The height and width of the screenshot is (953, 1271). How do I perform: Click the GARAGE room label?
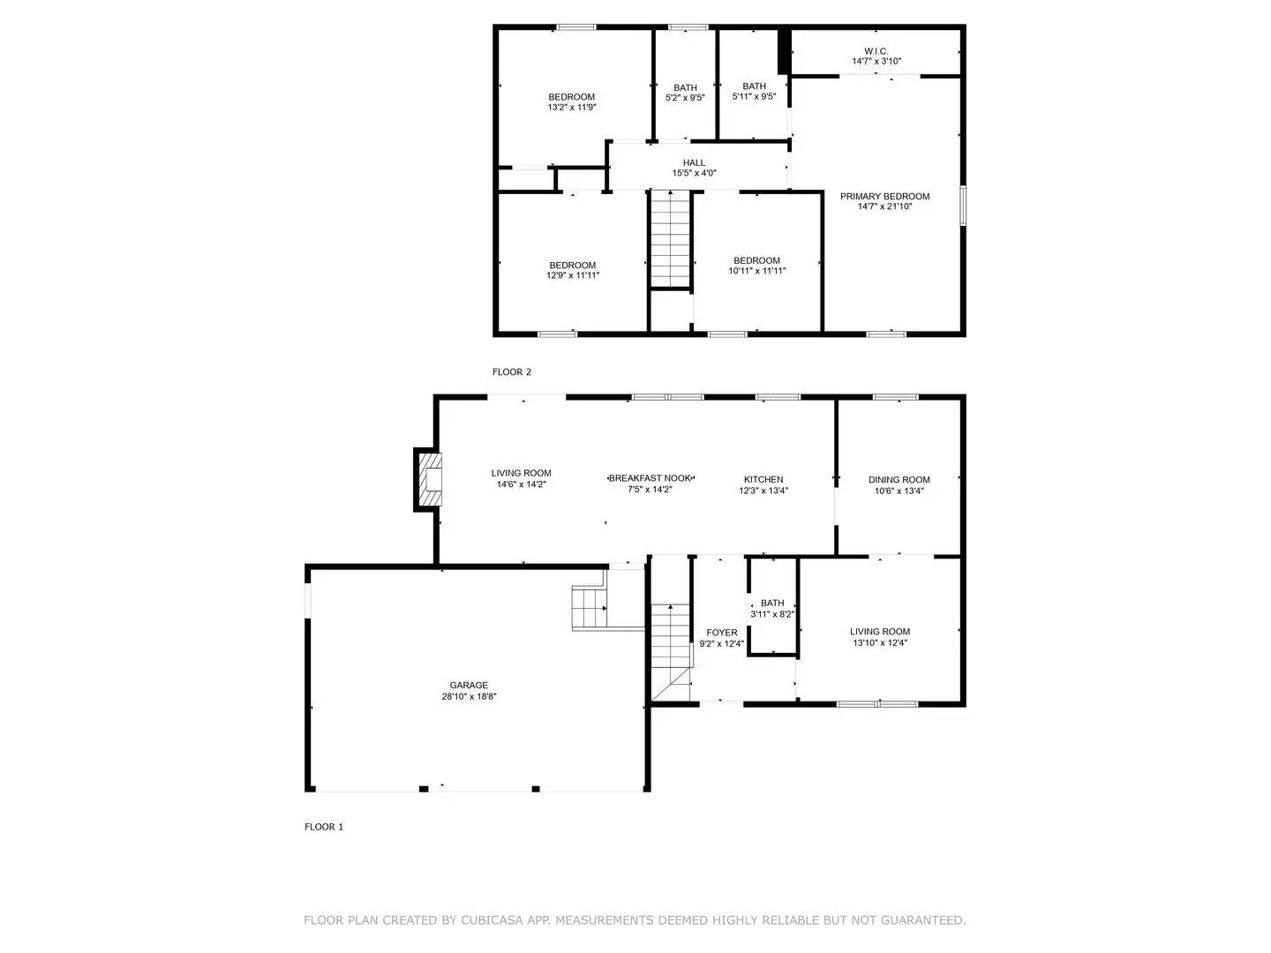pos(469,685)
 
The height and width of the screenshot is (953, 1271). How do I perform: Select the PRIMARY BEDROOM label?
pos(884,196)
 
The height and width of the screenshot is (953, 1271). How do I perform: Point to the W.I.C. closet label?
pos(876,50)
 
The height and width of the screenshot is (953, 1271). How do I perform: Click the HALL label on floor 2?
pos(694,162)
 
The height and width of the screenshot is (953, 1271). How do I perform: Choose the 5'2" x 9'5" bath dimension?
pos(685,98)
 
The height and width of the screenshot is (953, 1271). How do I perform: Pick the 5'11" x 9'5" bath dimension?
pos(754,97)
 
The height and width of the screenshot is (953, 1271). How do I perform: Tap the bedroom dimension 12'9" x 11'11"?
pos(573,275)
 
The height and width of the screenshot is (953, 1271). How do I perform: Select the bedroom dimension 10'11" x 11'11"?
pos(756,271)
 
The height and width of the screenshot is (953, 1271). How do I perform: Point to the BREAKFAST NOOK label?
pos(651,477)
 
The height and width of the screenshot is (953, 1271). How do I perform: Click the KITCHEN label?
pos(763,479)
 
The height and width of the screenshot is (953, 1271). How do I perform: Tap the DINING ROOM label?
pos(899,479)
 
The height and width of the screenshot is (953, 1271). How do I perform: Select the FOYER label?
pos(721,633)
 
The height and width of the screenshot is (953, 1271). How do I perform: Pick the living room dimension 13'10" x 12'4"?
pos(880,643)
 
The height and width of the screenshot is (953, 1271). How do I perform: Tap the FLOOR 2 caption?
pos(512,372)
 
